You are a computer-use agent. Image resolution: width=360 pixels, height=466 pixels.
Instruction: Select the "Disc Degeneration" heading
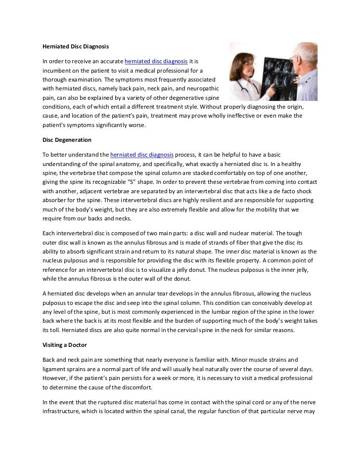(x=67, y=140)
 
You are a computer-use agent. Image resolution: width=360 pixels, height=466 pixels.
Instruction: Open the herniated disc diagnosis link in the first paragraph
(x=156, y=61)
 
